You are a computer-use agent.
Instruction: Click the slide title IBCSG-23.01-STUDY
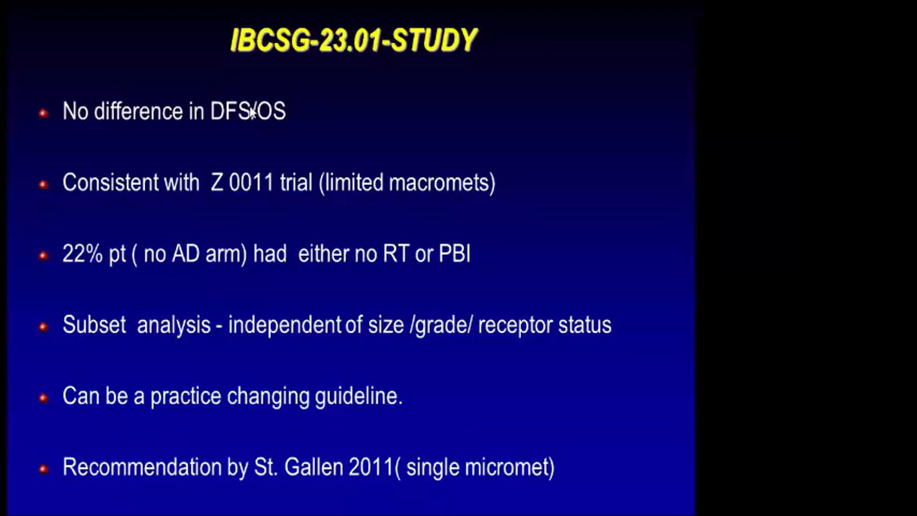coord(353,40)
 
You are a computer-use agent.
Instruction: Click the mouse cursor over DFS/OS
coord(253,113)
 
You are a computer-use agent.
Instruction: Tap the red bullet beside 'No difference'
coord(43,113)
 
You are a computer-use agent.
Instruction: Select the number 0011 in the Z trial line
coord(251,183)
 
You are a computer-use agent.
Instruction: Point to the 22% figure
coord(82,254)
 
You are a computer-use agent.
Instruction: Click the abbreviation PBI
coord(454,254)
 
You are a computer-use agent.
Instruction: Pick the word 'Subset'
coord(94,325)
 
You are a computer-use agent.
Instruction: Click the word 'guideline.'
coord(358,396)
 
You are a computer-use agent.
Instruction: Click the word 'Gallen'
coord(313,467)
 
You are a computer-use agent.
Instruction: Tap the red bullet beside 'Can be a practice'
coord(43,398)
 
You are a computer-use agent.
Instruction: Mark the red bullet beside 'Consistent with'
coord(43,184)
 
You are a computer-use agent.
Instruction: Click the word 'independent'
coord(285,325)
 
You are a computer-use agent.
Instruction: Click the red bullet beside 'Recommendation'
coord(43,469)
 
